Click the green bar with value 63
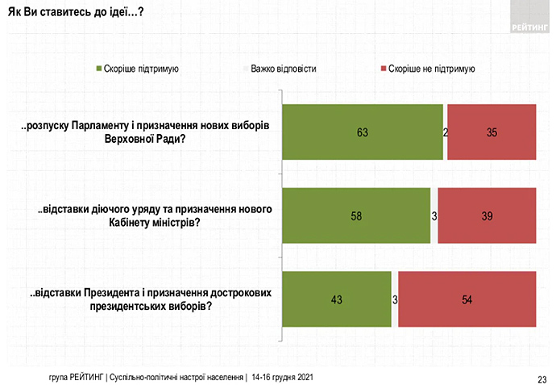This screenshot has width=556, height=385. (x=362, y=132)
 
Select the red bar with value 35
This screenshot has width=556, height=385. (x=492, y=132)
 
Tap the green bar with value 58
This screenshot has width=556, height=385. (x=355, y=216)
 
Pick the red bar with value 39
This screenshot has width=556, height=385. (x=487, y=216)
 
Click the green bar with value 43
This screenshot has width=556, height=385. (x=336, y=299)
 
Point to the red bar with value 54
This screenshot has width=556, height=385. (x=467, y=299)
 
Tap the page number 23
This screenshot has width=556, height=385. (x=542, y=377)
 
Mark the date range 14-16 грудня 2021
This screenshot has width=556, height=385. (x=282, y=377)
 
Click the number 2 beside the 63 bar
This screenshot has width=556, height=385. (x=446, y=132)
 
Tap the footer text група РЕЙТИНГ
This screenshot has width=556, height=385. (x=77, y=377)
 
